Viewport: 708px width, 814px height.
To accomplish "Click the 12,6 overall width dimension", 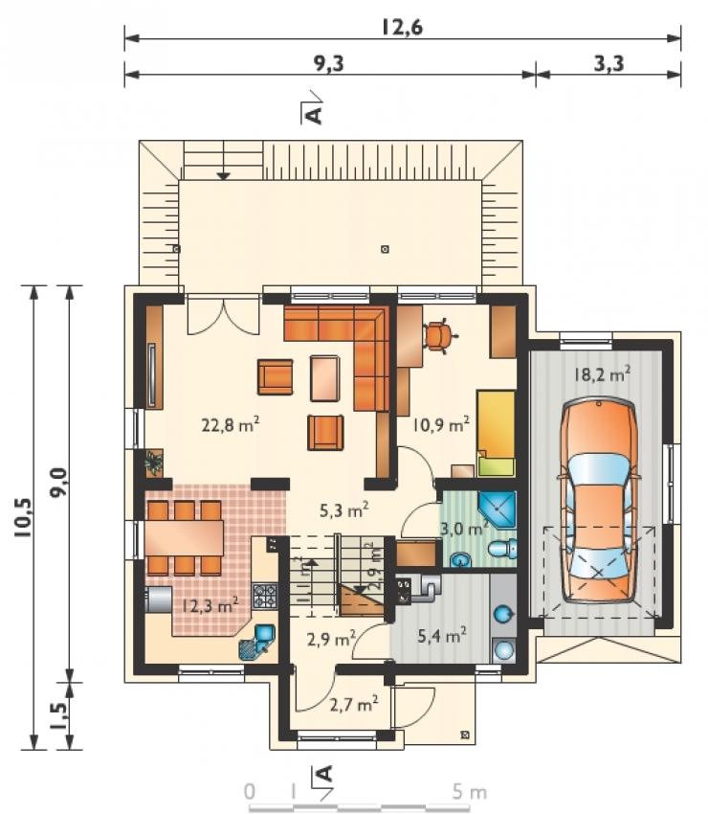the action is click(402, 27).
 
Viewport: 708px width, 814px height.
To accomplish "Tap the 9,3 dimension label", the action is click(329, 63).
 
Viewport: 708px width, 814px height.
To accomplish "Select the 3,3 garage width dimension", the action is click(608, 64).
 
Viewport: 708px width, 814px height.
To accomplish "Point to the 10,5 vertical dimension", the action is click(25, 518).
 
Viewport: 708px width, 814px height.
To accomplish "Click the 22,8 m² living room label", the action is click(231, 425).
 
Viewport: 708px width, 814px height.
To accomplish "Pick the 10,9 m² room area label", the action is click(441, 424).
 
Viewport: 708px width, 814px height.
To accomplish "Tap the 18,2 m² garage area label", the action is click(602, 373).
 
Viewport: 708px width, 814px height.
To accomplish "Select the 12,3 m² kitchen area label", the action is click(210, 604).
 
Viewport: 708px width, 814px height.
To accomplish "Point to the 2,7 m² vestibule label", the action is click(354, 704).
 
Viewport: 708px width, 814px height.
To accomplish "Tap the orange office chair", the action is click(440, 336).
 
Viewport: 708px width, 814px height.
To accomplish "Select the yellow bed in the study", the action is click(496, 433).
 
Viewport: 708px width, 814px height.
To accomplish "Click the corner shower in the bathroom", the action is click(497, 509).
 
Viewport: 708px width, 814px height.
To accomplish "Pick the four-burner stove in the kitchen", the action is click(264, 596).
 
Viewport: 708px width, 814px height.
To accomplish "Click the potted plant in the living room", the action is click(153, 462).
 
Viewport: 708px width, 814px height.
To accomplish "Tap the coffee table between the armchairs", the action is click(324, 378).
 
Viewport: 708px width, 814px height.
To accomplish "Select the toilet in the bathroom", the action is click(502, 549).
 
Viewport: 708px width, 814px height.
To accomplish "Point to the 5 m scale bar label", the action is click(470, 792).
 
